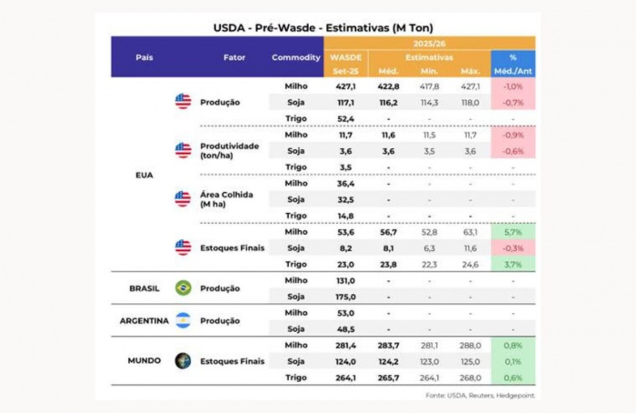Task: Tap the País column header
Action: (x=144, y=57)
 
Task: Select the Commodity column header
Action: (x=295, y=57)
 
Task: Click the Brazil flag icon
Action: (x=184, y=288)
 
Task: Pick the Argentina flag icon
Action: (x=184, y=320)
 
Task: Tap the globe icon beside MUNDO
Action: (x=184, y=360)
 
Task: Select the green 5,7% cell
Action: (x=512, y=232)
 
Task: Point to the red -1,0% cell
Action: (x=512, y=86)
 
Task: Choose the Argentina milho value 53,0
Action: (x=345, y=313)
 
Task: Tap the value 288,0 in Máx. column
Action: (x=470, y=345)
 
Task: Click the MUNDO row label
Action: (x=144, y=360)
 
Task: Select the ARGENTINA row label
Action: (x=144, y=320)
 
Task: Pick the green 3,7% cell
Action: (x=512, y=264)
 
